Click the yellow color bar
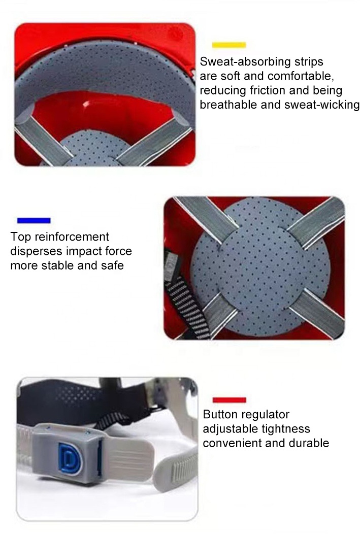228,45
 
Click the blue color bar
34,220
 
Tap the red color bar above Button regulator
229,400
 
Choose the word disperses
35,251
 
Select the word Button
221,415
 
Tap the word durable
309,443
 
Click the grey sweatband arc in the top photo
102,76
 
